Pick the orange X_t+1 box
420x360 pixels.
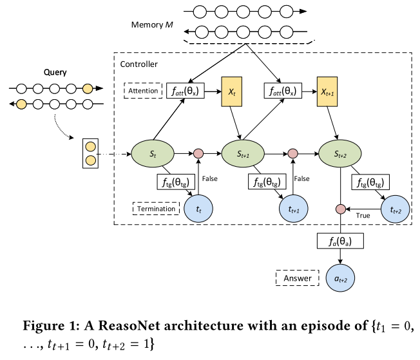[329, 91]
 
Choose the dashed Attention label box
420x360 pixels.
[142, 91]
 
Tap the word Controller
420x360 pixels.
[138, 64]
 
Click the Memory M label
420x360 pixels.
[153, 25]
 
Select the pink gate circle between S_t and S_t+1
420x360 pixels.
[199, 155]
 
